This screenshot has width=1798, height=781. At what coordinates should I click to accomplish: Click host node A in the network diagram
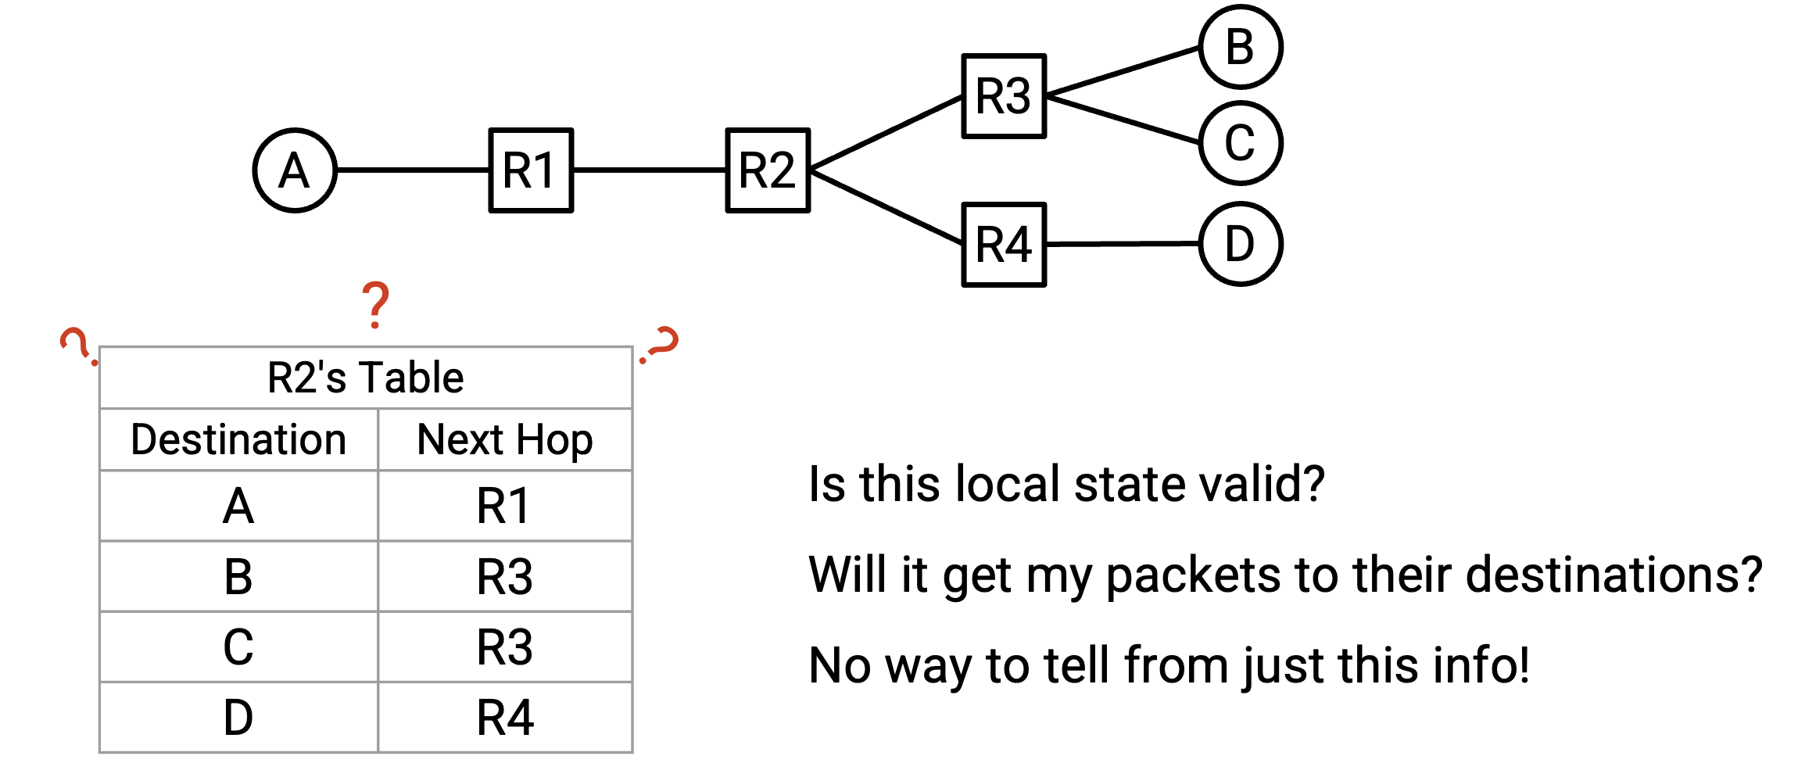pyautogui.click(x=295, y=170)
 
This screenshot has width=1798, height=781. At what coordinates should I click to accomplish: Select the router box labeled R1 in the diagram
pyautogui.click(x=532, y=170)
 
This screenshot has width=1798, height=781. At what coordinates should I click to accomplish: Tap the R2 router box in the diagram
pyautogui.click(x=768, y=170)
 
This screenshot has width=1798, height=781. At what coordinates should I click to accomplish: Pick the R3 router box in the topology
pyautogui.click(x=1005, y=96)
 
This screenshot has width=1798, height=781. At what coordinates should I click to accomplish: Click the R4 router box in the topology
pyautogui.click(x=1005, y=245)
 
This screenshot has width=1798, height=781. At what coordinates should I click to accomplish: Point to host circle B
pyautogui.click(x=1241, y=47)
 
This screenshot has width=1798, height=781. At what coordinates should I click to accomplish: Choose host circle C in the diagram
pyautogui.click(x=1241, y=143)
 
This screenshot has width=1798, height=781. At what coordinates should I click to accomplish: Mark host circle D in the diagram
pyautogui.click(x=1241, y=244)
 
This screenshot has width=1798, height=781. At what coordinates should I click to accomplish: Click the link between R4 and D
pyautogui.click(x=1123, y=244)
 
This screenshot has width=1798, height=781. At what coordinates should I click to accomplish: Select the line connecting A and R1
pyautogui.click(x=413, y=170)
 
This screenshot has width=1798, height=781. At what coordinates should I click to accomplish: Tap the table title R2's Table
pyautogui.click(x=366, y=378)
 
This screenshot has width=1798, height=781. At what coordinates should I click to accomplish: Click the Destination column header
pyautogui.click(x=238, y=439)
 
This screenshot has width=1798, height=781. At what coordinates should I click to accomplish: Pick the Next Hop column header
pyautogui.click(x=505, y=440)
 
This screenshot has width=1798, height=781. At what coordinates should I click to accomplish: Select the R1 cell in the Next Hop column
pyautogui.click(x=504, y=506)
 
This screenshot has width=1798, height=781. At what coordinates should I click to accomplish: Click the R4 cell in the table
pyautogui.click(x=505, y=718)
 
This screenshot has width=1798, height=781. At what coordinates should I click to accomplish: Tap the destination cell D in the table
pyautogui.click(x=238, y=718)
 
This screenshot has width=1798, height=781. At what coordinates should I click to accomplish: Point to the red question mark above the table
pyautogui.click(x=376, y=305)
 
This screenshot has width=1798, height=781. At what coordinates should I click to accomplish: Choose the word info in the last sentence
pyautogui.click(x=1481, y=665)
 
